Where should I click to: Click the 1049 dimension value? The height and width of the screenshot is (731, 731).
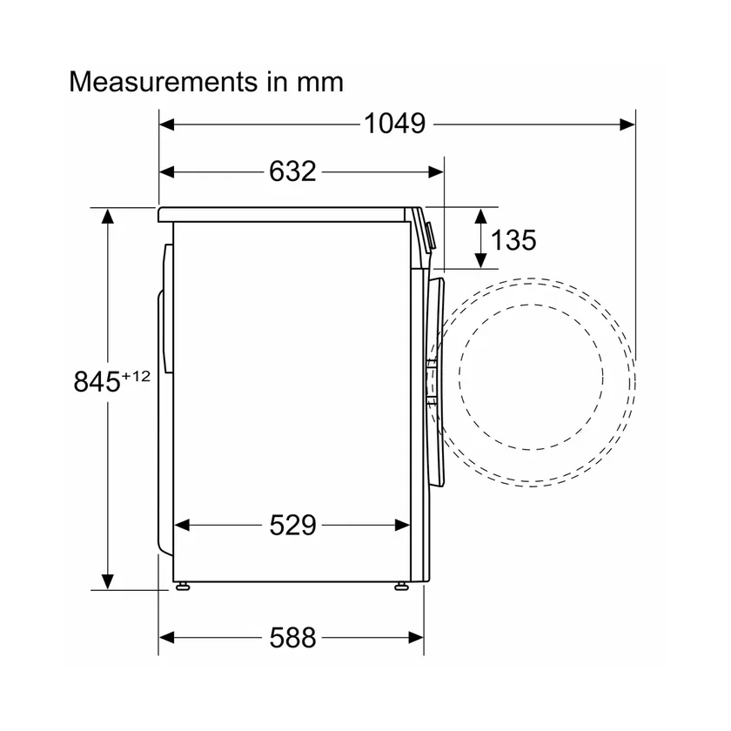pos(394,124)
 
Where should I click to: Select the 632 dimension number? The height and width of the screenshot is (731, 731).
pos(292,171)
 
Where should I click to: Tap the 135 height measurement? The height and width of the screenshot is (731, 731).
pos(513,240)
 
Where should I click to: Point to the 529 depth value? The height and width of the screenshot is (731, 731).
pos(292,526)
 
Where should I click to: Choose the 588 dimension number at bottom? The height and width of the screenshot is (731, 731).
pos(292,637)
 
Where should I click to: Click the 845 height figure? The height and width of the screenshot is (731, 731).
pos(97,381)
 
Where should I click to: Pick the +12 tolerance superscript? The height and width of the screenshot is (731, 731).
pos(136,376)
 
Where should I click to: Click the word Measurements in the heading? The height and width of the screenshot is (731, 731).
pos(164,82)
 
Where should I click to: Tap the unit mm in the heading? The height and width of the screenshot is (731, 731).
pos(320,84)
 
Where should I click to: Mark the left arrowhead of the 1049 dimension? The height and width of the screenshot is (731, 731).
pos(166,124)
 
